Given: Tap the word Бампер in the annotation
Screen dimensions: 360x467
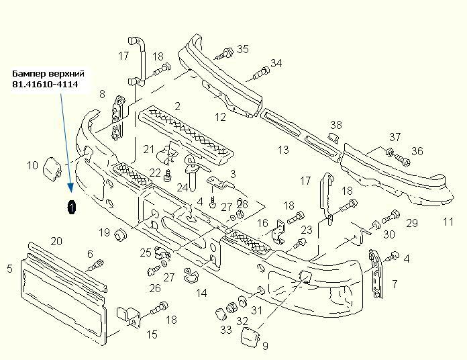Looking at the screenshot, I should pos(30,73).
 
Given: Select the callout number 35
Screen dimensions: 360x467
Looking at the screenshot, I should pos(242,49).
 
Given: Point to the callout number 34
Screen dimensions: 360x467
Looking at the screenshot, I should pos(276,64).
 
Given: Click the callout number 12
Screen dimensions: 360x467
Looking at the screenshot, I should pos(220,117).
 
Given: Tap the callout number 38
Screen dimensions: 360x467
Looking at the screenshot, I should pos(336,125).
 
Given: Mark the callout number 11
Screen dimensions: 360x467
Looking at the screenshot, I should pos(448,222).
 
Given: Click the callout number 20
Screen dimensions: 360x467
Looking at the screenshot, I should pos(56,241).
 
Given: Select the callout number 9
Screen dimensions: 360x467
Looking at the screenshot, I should pos(265,346).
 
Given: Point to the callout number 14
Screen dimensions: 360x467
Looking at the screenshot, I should pos(201,293).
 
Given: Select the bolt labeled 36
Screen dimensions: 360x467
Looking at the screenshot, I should pos(402,160).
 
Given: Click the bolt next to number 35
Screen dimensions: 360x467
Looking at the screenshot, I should pos(224,52).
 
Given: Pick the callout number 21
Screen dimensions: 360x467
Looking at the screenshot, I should pos(149,149).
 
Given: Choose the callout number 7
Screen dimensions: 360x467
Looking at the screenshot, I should pos(395,284).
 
